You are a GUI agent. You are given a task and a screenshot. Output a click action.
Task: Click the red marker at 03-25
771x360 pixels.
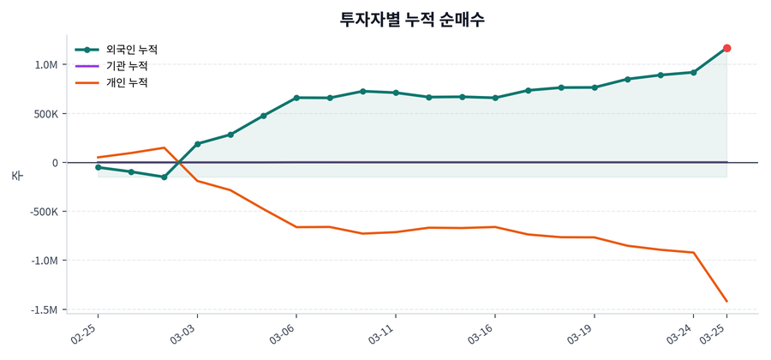[x=726, y=48]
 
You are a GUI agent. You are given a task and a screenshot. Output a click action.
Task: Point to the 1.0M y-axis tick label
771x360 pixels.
[x=46, y=65]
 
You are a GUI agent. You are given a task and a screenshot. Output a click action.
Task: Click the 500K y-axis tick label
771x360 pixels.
[x=45, y=114]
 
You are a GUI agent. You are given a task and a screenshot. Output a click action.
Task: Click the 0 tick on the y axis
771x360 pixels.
[x=55, y=163]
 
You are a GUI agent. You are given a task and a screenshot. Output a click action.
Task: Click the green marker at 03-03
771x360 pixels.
[x=197, y=144]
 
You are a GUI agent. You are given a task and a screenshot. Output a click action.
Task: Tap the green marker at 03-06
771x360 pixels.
[x=296, y=98]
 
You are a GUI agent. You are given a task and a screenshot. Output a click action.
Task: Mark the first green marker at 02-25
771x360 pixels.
[x=99, y=167]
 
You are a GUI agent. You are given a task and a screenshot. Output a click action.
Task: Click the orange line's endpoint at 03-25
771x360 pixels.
[x=726, y=301]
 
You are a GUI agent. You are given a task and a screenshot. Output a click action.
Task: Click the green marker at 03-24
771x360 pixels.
[x=693, y=72]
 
